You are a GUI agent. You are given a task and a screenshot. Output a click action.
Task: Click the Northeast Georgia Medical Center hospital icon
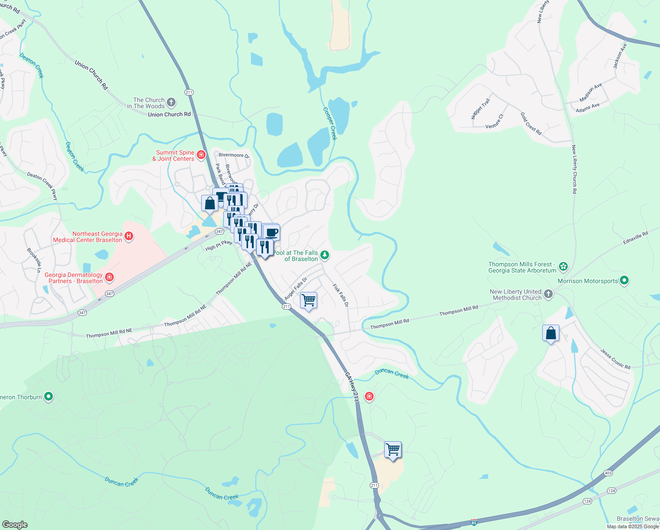129,236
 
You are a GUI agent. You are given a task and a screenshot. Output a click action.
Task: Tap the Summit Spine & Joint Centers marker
201,155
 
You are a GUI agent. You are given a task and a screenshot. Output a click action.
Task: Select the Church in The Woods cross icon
171,102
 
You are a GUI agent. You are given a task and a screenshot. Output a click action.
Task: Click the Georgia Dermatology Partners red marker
109,277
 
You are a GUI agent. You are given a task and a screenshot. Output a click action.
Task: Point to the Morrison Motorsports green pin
624,280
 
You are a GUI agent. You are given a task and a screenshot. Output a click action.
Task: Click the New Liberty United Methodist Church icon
548,294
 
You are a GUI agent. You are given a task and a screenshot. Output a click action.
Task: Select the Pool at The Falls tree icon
325,255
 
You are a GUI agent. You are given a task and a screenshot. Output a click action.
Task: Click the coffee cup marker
272,232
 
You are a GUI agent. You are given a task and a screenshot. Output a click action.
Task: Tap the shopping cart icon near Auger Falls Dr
308,300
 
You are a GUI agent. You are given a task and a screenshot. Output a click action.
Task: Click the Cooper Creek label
330,124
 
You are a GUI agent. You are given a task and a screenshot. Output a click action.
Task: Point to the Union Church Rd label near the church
169,114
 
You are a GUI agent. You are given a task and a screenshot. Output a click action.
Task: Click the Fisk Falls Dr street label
341,295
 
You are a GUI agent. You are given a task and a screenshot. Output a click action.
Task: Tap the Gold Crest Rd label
531,123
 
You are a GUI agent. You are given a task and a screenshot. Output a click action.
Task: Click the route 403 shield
608,473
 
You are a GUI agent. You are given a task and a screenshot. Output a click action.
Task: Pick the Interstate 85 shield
474,522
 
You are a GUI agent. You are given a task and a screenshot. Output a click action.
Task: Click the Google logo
15,525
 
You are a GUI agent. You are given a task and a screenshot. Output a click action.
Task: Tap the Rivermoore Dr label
234,155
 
